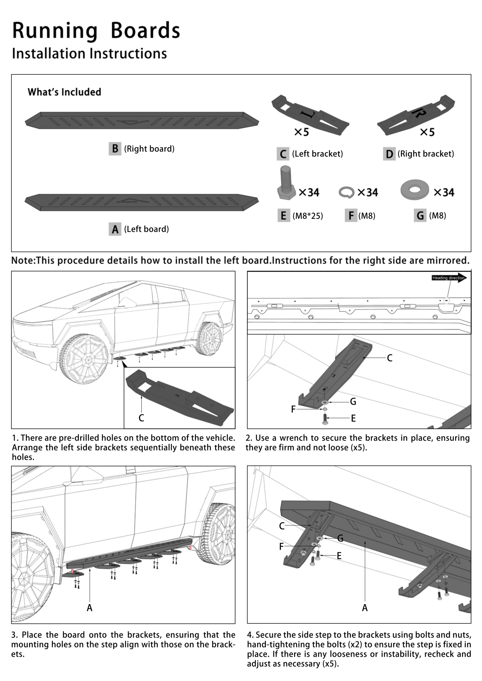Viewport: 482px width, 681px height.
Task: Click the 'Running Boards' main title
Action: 96,31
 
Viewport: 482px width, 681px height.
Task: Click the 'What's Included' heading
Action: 64,92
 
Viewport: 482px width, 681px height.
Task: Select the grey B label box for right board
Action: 115,149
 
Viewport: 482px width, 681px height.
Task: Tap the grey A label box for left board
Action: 115,229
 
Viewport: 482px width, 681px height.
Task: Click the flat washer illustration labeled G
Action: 414,190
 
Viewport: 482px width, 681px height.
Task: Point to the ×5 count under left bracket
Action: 302,132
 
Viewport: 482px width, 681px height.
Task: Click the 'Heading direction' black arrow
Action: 449,278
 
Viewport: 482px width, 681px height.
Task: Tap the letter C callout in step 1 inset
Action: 141,418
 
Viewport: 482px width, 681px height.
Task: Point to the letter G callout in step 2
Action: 353,402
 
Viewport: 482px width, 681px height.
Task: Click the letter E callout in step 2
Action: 353,418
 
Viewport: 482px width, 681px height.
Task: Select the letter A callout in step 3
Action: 89,608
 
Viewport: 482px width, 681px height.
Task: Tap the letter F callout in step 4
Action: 282,546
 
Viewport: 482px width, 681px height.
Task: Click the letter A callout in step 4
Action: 365,608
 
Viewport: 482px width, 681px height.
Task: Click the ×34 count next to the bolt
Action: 309,192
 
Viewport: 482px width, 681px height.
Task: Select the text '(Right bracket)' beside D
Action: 425,154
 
